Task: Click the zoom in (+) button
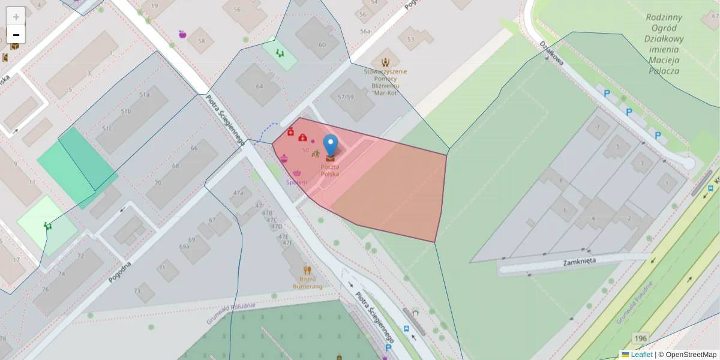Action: click(x=16, y=16)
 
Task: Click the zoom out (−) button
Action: click(x=16, y=34)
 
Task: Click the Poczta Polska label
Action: click(x=329, y=170)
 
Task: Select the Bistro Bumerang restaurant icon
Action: click(x=307, y=270)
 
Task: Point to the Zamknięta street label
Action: click(x=578, y=262)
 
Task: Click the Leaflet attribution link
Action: click(x=641, y=355)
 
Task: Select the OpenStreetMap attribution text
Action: click(x=688, y=355)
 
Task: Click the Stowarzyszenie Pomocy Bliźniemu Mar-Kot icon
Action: click(x=386, y=62)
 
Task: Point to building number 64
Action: click(x=259, y=86)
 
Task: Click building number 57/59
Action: click(x=346, y=97)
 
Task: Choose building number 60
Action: click(x=322, y=44)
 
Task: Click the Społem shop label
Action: click(x=297, y=182)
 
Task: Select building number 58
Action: click(x=201, y=41)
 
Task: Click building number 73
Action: click(x=137, y=291)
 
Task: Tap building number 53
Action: click(x=410, y=39)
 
